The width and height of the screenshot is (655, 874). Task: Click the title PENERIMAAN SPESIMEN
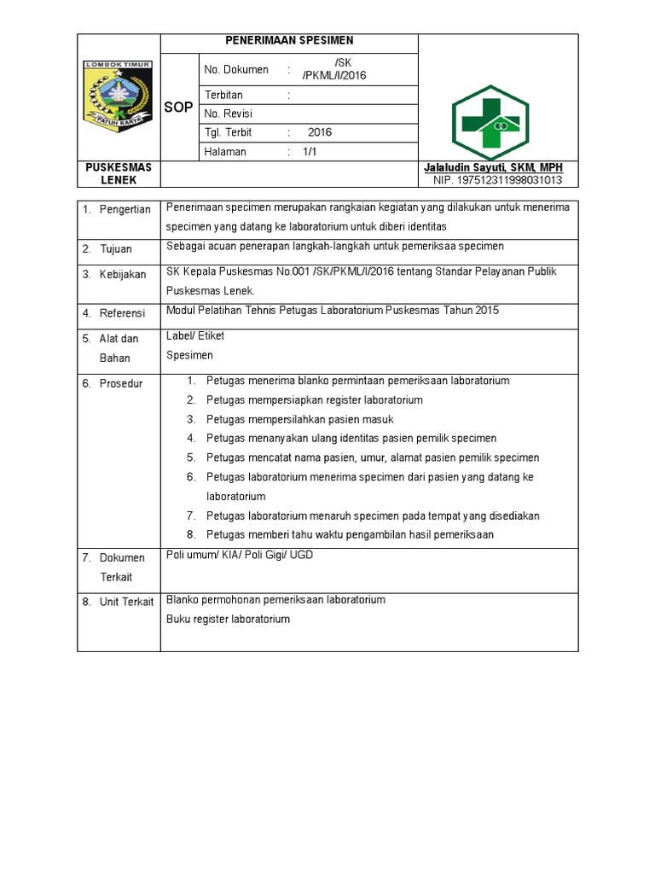(x=289, y=40)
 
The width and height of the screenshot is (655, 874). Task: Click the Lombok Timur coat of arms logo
(x=118, y=95)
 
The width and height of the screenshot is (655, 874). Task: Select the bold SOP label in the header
(x=178, y=108)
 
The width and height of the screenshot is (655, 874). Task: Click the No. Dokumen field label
(x=236, y=70)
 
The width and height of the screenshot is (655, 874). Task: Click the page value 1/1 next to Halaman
(x=309, y=152)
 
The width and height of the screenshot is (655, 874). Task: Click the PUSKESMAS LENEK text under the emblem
(x=118, y=174)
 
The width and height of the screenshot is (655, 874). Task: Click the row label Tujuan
(x=115, y=249)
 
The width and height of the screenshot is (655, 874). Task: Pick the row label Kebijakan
(x=123, y=275)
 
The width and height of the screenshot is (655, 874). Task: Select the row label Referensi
(x=122, y=313)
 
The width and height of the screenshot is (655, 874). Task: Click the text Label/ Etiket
(x=195, y=335)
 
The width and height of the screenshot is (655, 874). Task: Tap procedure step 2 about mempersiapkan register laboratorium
(x=314, y=399)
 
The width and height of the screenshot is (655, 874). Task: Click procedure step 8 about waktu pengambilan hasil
(x=350, y=535)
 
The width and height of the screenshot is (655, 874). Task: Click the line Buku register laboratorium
(x=228, y=619)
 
